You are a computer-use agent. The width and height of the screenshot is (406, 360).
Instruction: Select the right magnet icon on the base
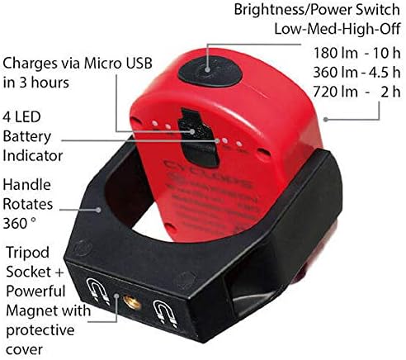165,314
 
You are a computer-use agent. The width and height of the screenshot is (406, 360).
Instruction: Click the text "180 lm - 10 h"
356,53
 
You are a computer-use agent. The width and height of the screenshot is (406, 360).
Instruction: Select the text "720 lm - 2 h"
356,92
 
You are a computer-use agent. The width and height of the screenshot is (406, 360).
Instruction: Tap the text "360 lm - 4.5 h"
356,72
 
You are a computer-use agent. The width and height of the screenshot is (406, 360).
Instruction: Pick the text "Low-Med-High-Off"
338,28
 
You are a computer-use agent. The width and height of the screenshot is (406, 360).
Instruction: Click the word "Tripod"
28,253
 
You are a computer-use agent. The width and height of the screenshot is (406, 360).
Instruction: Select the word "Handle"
27,184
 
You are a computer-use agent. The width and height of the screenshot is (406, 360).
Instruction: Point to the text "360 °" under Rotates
19,223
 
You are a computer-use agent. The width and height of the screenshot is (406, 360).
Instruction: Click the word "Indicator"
33,155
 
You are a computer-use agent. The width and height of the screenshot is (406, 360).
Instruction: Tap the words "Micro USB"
118,63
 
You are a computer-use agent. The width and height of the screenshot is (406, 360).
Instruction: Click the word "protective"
40,331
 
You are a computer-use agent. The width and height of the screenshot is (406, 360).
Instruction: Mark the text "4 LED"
21,116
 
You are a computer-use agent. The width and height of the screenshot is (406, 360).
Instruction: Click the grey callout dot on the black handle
98,210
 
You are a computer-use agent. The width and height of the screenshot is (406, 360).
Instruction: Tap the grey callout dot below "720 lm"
326,119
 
